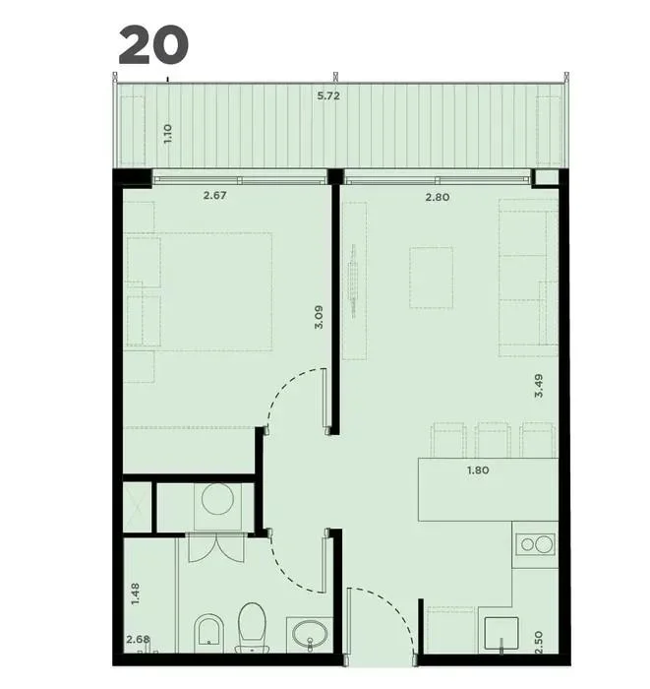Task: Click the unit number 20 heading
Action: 153,44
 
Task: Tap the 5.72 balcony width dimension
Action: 328,95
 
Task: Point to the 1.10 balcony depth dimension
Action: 167,133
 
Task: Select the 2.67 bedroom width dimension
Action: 214,195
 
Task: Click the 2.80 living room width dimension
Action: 438,197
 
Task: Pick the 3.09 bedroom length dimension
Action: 319,317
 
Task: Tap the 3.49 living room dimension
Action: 539,386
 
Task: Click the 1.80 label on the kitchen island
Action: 478,470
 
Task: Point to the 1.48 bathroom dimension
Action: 135,594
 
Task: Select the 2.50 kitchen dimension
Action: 540,643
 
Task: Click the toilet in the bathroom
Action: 252,627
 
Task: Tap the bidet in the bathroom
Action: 208,631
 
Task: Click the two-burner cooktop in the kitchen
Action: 535,545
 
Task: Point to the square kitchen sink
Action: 502,633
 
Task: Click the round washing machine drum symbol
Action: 217,499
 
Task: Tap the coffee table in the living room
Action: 431,278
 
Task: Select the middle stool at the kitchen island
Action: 492,440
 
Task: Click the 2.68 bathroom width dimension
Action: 138,639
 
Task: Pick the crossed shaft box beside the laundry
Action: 137,507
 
